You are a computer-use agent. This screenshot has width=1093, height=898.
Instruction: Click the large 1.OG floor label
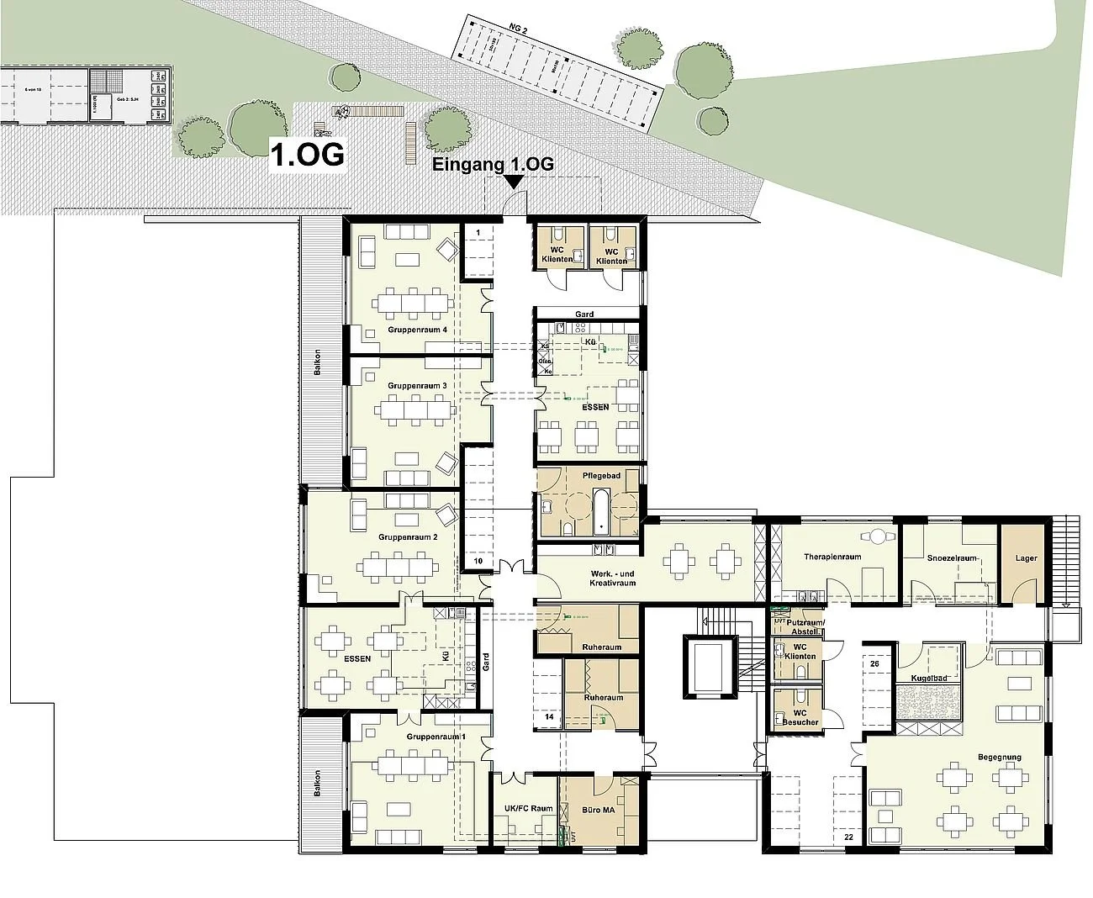(x=307, y=155)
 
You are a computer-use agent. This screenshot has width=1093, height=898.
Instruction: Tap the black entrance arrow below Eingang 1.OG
(x=515, y=180)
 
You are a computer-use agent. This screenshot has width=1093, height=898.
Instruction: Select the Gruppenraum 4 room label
(x=418, y=330)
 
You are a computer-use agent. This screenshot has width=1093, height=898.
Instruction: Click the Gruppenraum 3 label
(x=417, y=386)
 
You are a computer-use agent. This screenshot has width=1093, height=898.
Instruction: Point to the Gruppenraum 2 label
(x=409, y=536)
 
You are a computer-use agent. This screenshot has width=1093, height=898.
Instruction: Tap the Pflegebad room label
(x=601, y=476)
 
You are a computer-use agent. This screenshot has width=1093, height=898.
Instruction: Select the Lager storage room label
(x=1026, y=558)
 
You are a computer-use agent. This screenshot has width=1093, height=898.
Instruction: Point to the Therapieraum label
(x=832, y=557)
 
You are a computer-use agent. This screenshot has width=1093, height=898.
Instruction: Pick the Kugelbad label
(x=928, y=678)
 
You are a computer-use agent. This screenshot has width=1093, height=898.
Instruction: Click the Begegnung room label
(x=999, y=758)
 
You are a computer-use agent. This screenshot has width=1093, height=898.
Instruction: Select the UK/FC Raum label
(x=528, y=809)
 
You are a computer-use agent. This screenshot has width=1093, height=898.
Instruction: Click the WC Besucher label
(x=800, y=717)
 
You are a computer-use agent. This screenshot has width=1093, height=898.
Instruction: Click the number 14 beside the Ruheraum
(x=549, y=717)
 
